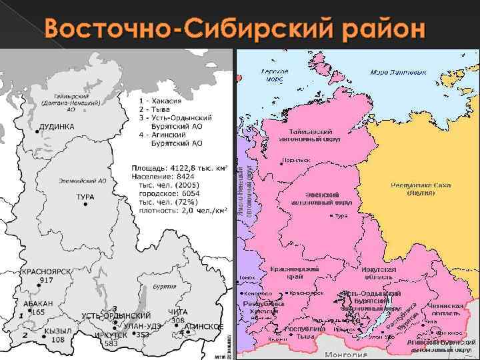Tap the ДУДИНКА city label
[x=57, y=126]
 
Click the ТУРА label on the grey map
[x=85, y=197]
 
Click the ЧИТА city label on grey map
[x=177, y=312]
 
